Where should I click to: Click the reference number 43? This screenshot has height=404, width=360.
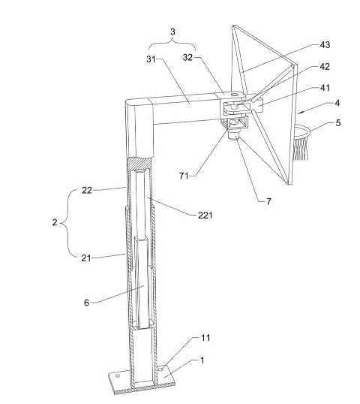(325, 45)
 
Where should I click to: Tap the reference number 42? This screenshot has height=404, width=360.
(325, 67)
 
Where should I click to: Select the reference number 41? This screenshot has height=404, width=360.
(325, 88)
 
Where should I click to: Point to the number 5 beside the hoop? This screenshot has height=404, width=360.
(337, 122)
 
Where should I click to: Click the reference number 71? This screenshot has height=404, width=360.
(184, 176)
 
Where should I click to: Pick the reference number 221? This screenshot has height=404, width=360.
(205, 215)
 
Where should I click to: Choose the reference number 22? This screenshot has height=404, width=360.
(87, 190)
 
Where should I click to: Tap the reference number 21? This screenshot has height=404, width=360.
(86, 258)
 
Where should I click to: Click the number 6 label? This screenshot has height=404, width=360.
(87, 303)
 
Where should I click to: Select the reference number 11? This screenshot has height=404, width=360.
(205, 337)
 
